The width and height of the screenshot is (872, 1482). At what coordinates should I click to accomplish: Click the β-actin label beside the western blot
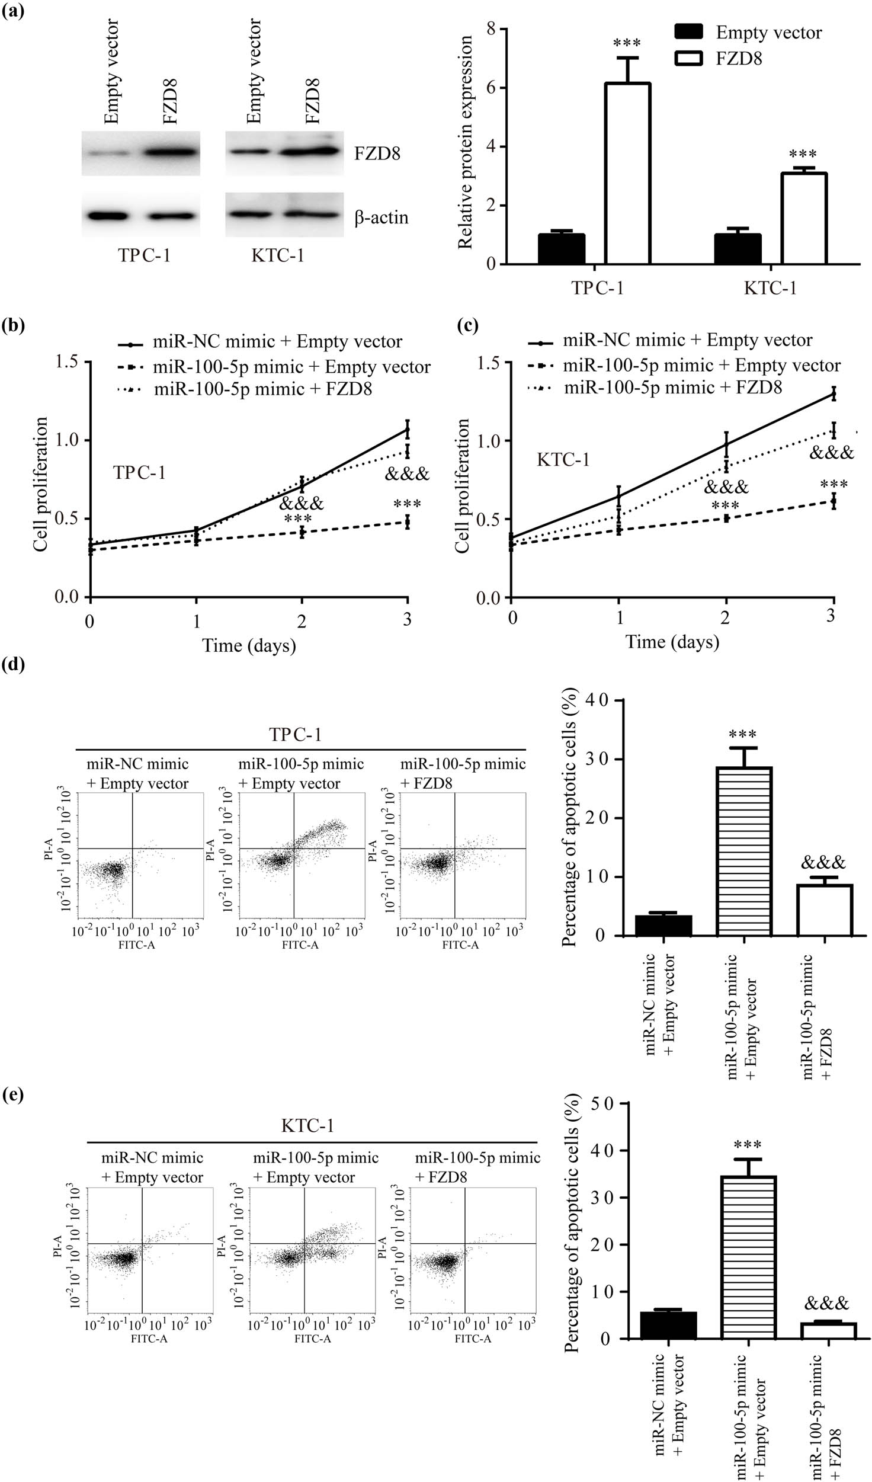click(381, 217)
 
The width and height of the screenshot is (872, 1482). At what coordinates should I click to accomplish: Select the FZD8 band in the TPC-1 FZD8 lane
click(170, 153)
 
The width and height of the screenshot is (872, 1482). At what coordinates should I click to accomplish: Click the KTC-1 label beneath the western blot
click(277, 255)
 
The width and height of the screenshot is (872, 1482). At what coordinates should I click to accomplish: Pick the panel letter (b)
click(13, 325)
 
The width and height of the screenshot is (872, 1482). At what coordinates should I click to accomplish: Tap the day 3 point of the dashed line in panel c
click(833, 501)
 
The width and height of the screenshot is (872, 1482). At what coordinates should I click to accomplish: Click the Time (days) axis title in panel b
click(249, 645)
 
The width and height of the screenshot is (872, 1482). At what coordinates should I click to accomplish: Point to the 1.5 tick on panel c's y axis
click(488, 363)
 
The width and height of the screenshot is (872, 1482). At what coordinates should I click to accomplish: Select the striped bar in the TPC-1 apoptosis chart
click(743, 851)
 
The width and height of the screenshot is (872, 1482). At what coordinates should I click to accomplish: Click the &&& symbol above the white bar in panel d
click(823, 862)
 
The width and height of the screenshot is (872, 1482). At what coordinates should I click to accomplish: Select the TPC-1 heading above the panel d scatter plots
click(295, 735)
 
